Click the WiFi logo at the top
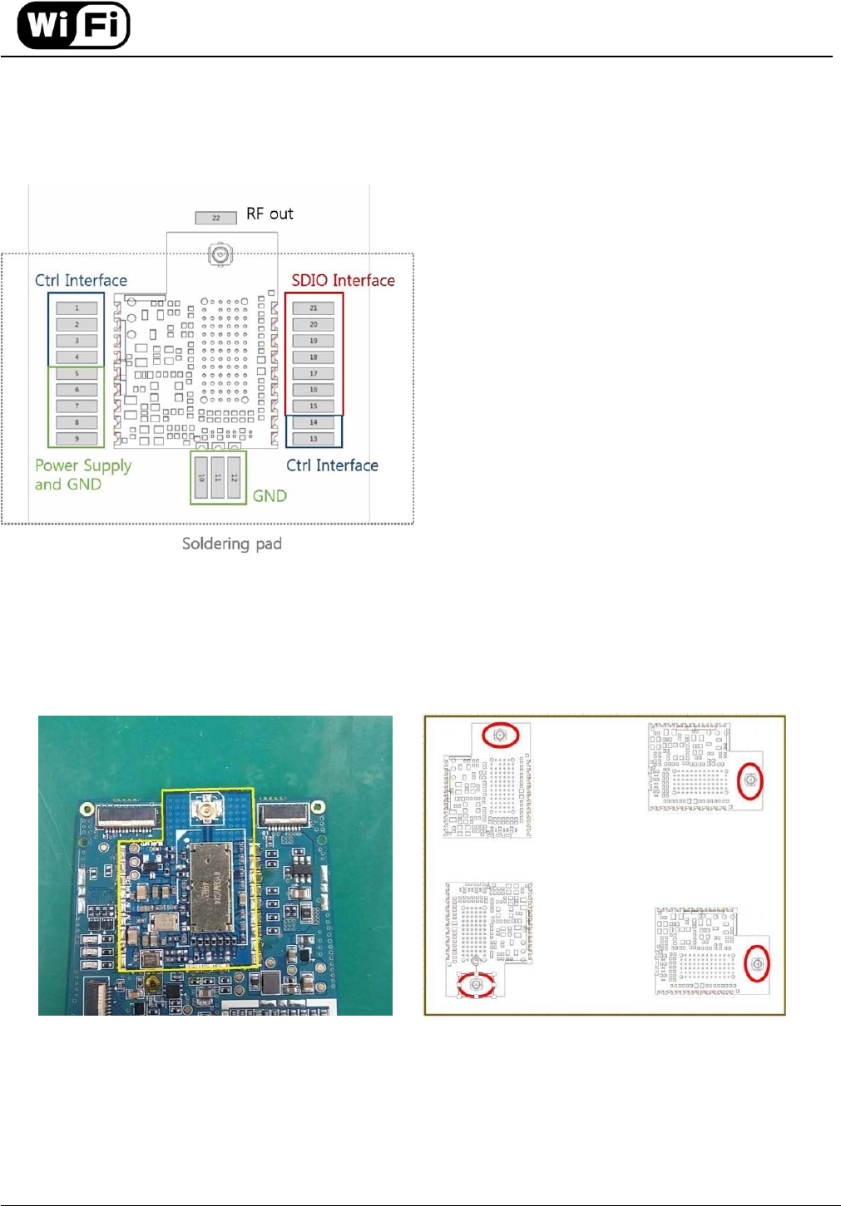click(74, 26)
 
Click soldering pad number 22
click(216, 218)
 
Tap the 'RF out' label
click(270, 214)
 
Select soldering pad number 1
click(77, 308)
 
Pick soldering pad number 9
click(77, 438)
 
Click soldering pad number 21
click(314, 308)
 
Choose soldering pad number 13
click(314, 438)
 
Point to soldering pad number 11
click(218, 477)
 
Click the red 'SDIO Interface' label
click(343, 280)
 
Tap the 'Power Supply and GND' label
click(83, 475)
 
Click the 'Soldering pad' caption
click(232, 544)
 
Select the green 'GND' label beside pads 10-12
click(270, 496)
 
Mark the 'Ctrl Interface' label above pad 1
click(82, 280)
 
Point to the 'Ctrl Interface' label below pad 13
click(332, 465)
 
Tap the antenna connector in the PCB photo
click(204, 806)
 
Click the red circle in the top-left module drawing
click(500, 736)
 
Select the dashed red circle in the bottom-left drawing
click(477, 984)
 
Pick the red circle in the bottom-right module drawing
click(757, 963)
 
